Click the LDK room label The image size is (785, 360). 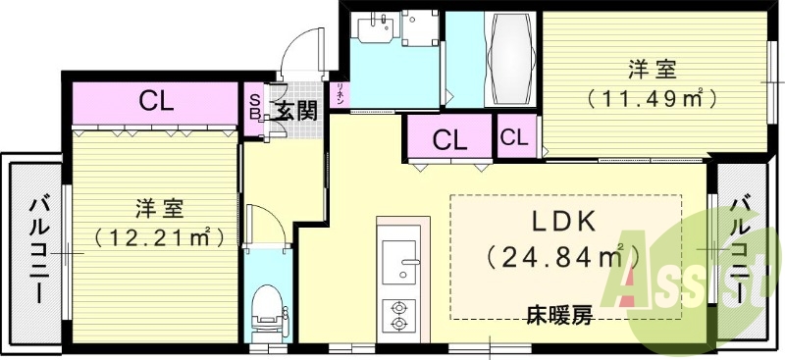pyautogui.click(x=565, y=220)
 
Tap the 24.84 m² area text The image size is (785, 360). pyautogui.click(x=564, y=257)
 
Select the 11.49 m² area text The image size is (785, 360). pyautogui.click(x=650, y=98)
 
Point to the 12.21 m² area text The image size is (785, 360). pyautogui.click(x=157, y=236)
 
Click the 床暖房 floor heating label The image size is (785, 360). pyautogui.click(x=559, y=316)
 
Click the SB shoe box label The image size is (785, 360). pyautogui.click(x=254, y=106)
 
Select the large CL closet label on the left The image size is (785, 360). pyautogui.click(x=156, y=100)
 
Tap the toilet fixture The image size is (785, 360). pyautogui.click(x=266, y=309)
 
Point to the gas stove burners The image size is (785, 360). pyautogui.click(x=399, y=312)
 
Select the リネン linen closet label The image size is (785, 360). pyautogui.click(x=340, y=95)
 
